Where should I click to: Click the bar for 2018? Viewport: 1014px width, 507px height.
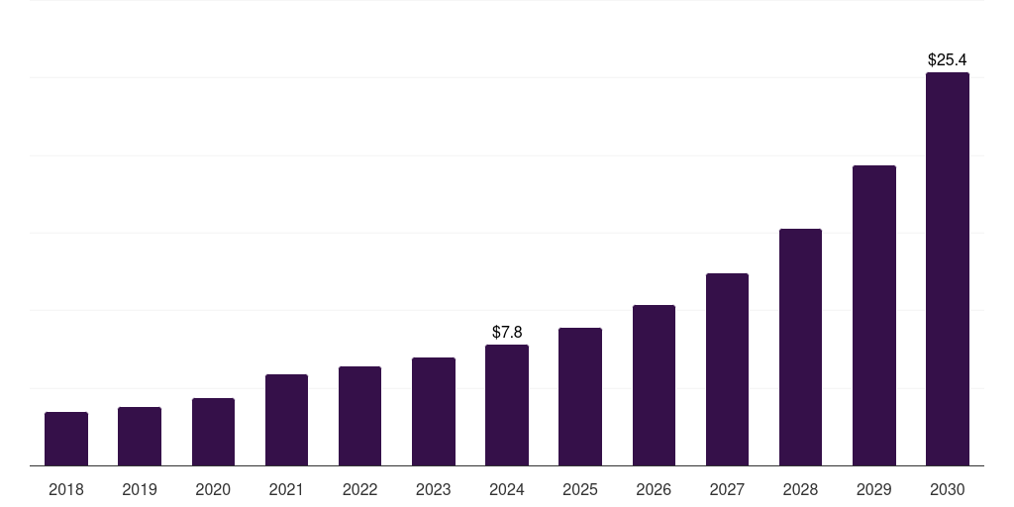tap(66, 439)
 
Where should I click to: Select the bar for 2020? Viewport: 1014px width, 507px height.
tap(213, 432)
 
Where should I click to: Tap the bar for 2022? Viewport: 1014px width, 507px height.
tap(359, 416)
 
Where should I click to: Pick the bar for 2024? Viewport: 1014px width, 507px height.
tap(507, 405)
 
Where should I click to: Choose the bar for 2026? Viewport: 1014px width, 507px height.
tap(654, 385)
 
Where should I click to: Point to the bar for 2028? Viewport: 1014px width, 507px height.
tap(800, 347)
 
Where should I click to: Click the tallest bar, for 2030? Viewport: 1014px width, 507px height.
tap(948, 268)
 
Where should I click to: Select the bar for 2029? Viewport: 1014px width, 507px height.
tap(874, 315)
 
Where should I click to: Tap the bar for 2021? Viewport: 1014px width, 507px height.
tap(286, 420)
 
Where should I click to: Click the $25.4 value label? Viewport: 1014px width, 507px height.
tap(948, 60)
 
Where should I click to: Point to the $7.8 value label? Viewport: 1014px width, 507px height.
tap(507, 332)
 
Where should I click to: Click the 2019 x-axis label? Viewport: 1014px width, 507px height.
tap(140, 489)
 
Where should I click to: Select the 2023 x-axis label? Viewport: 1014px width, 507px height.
tap(434, 489)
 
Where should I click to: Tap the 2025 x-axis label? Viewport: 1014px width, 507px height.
tap(580, 489)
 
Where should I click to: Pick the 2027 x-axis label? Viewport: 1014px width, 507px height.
tap(727, 489)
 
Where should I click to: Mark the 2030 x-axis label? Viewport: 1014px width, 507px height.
tap(948, 489)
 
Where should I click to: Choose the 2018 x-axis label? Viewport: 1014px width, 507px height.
tap(66, 489)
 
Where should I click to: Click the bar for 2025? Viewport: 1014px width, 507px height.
tap(580, 396)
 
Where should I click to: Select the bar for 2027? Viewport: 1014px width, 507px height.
tap(727, 369)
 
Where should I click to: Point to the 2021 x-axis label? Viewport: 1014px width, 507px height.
tap(286, 489)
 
